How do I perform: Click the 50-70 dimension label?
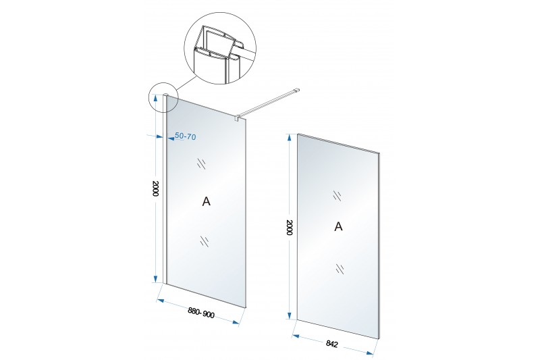185,136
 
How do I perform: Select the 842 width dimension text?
331,344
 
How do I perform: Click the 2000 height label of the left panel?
155,188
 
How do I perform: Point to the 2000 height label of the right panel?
290,228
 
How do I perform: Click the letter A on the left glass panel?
206,201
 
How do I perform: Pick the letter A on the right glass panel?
339,227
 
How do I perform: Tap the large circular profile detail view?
221,49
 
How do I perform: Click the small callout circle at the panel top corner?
163,98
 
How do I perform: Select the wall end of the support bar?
295,90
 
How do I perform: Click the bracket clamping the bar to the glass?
238,118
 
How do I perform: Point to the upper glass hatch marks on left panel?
201,163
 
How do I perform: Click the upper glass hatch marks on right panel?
337,195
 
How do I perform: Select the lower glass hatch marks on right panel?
340,268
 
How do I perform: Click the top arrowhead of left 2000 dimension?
156,98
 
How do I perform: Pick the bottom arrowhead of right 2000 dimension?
290,315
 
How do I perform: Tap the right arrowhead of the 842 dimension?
370,353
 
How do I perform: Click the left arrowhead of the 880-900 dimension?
160,301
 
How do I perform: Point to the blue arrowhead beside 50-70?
171,139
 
